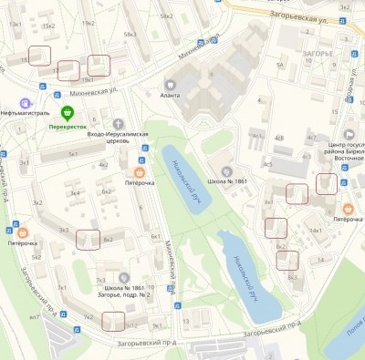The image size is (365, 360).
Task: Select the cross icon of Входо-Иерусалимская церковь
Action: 119,123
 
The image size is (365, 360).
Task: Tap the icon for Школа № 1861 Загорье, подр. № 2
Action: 125,276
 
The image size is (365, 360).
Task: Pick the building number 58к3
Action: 130,35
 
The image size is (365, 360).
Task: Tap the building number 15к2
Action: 47,26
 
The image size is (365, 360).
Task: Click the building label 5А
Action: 281,65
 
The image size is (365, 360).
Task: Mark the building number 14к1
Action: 316,231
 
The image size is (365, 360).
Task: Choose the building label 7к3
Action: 100,281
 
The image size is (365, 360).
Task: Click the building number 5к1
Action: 72,154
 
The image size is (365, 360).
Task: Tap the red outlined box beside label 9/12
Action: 113,322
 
